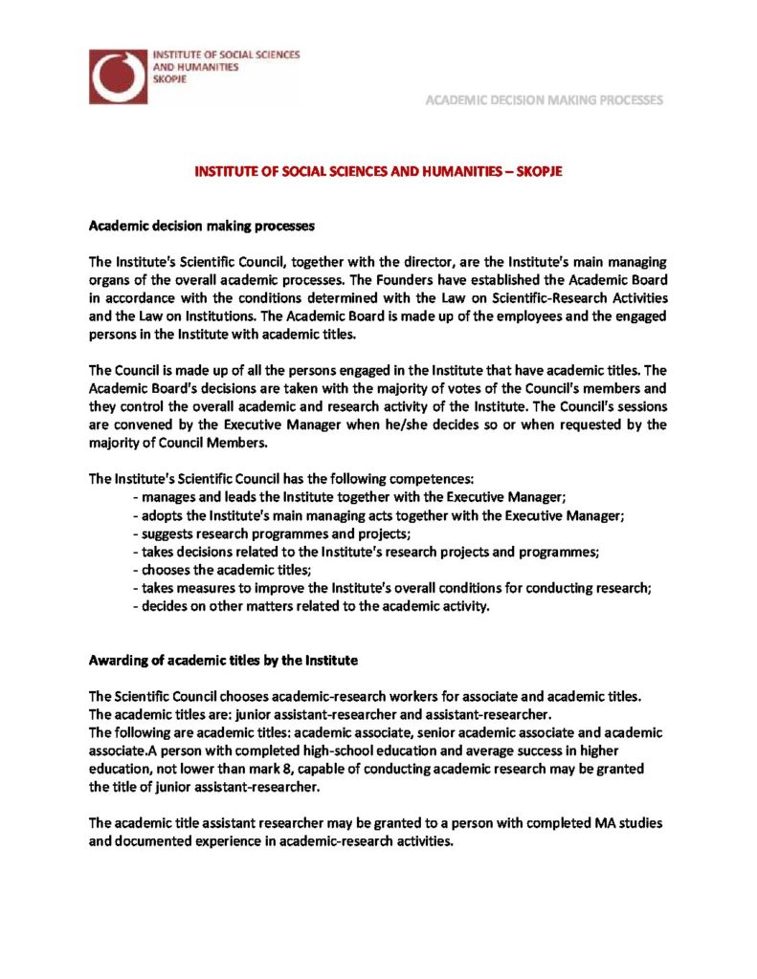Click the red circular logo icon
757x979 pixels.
119,76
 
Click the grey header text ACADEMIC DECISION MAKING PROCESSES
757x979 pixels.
545,99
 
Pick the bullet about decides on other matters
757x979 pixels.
311,606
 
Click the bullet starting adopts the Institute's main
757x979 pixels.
379,515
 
